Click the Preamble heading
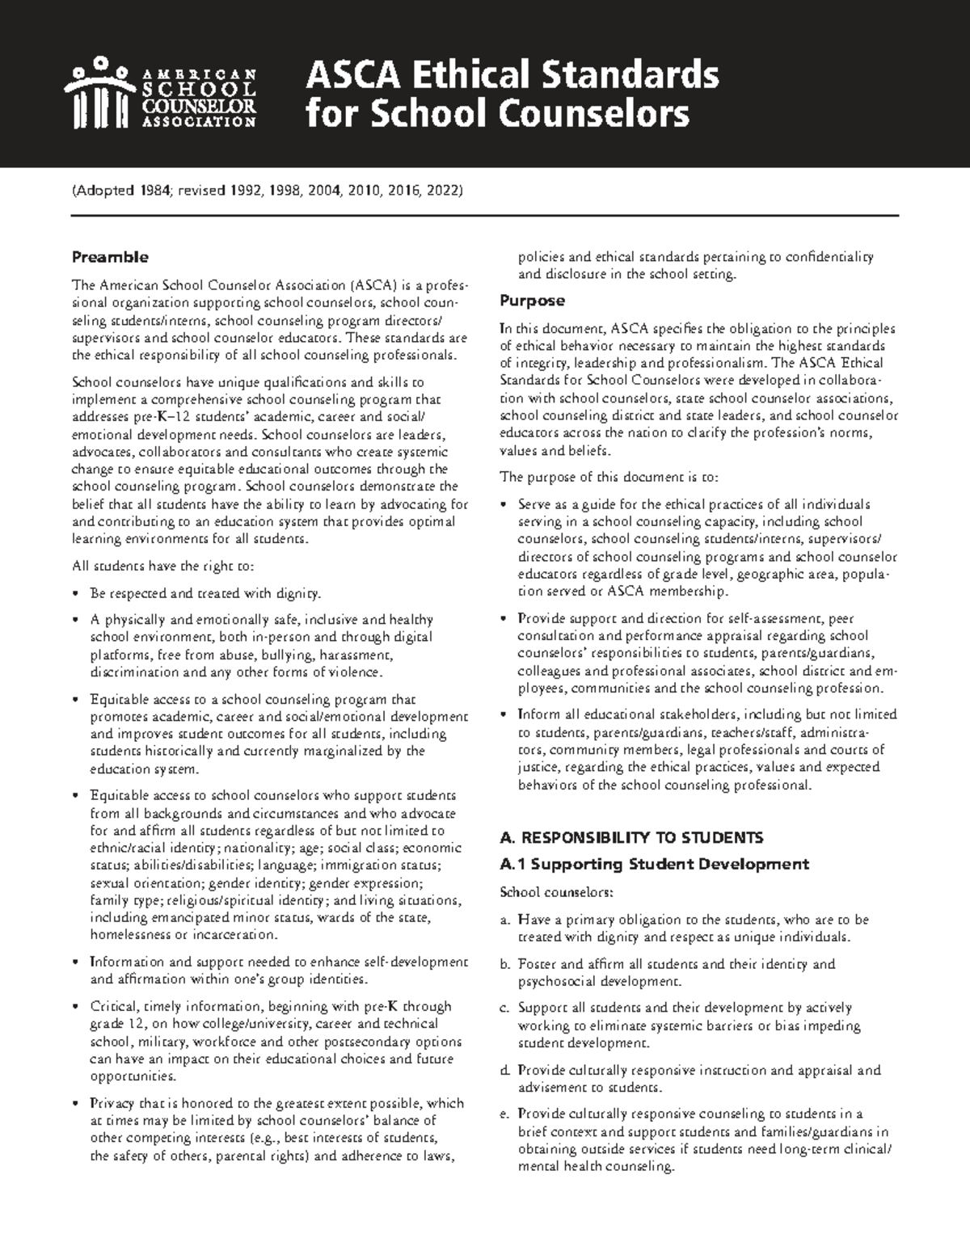click(110, 257)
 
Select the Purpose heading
click(532, 301)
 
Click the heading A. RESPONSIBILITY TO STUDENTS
click(631, 836)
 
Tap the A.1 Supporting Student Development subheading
click(655, 864)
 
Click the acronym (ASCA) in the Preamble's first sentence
click(374, 285)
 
